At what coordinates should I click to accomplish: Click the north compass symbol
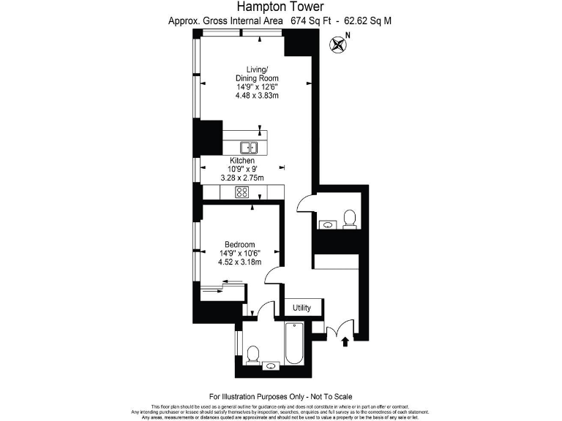pos(339,44)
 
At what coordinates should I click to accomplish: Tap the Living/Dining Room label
pos(256,73)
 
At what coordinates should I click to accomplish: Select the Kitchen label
pos(242,160)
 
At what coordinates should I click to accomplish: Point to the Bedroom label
pos(239,244)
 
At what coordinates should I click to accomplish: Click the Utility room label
pos(301,308)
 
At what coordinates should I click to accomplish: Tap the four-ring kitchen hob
pos(241,192)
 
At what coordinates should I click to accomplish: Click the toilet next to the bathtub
pos(252,354)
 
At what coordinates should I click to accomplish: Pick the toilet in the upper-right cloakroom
pos(349,218)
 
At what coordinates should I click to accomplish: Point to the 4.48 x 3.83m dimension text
pos(257,96)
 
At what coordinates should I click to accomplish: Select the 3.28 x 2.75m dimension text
pos(242,178)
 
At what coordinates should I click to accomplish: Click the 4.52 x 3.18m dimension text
pos(239,262)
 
